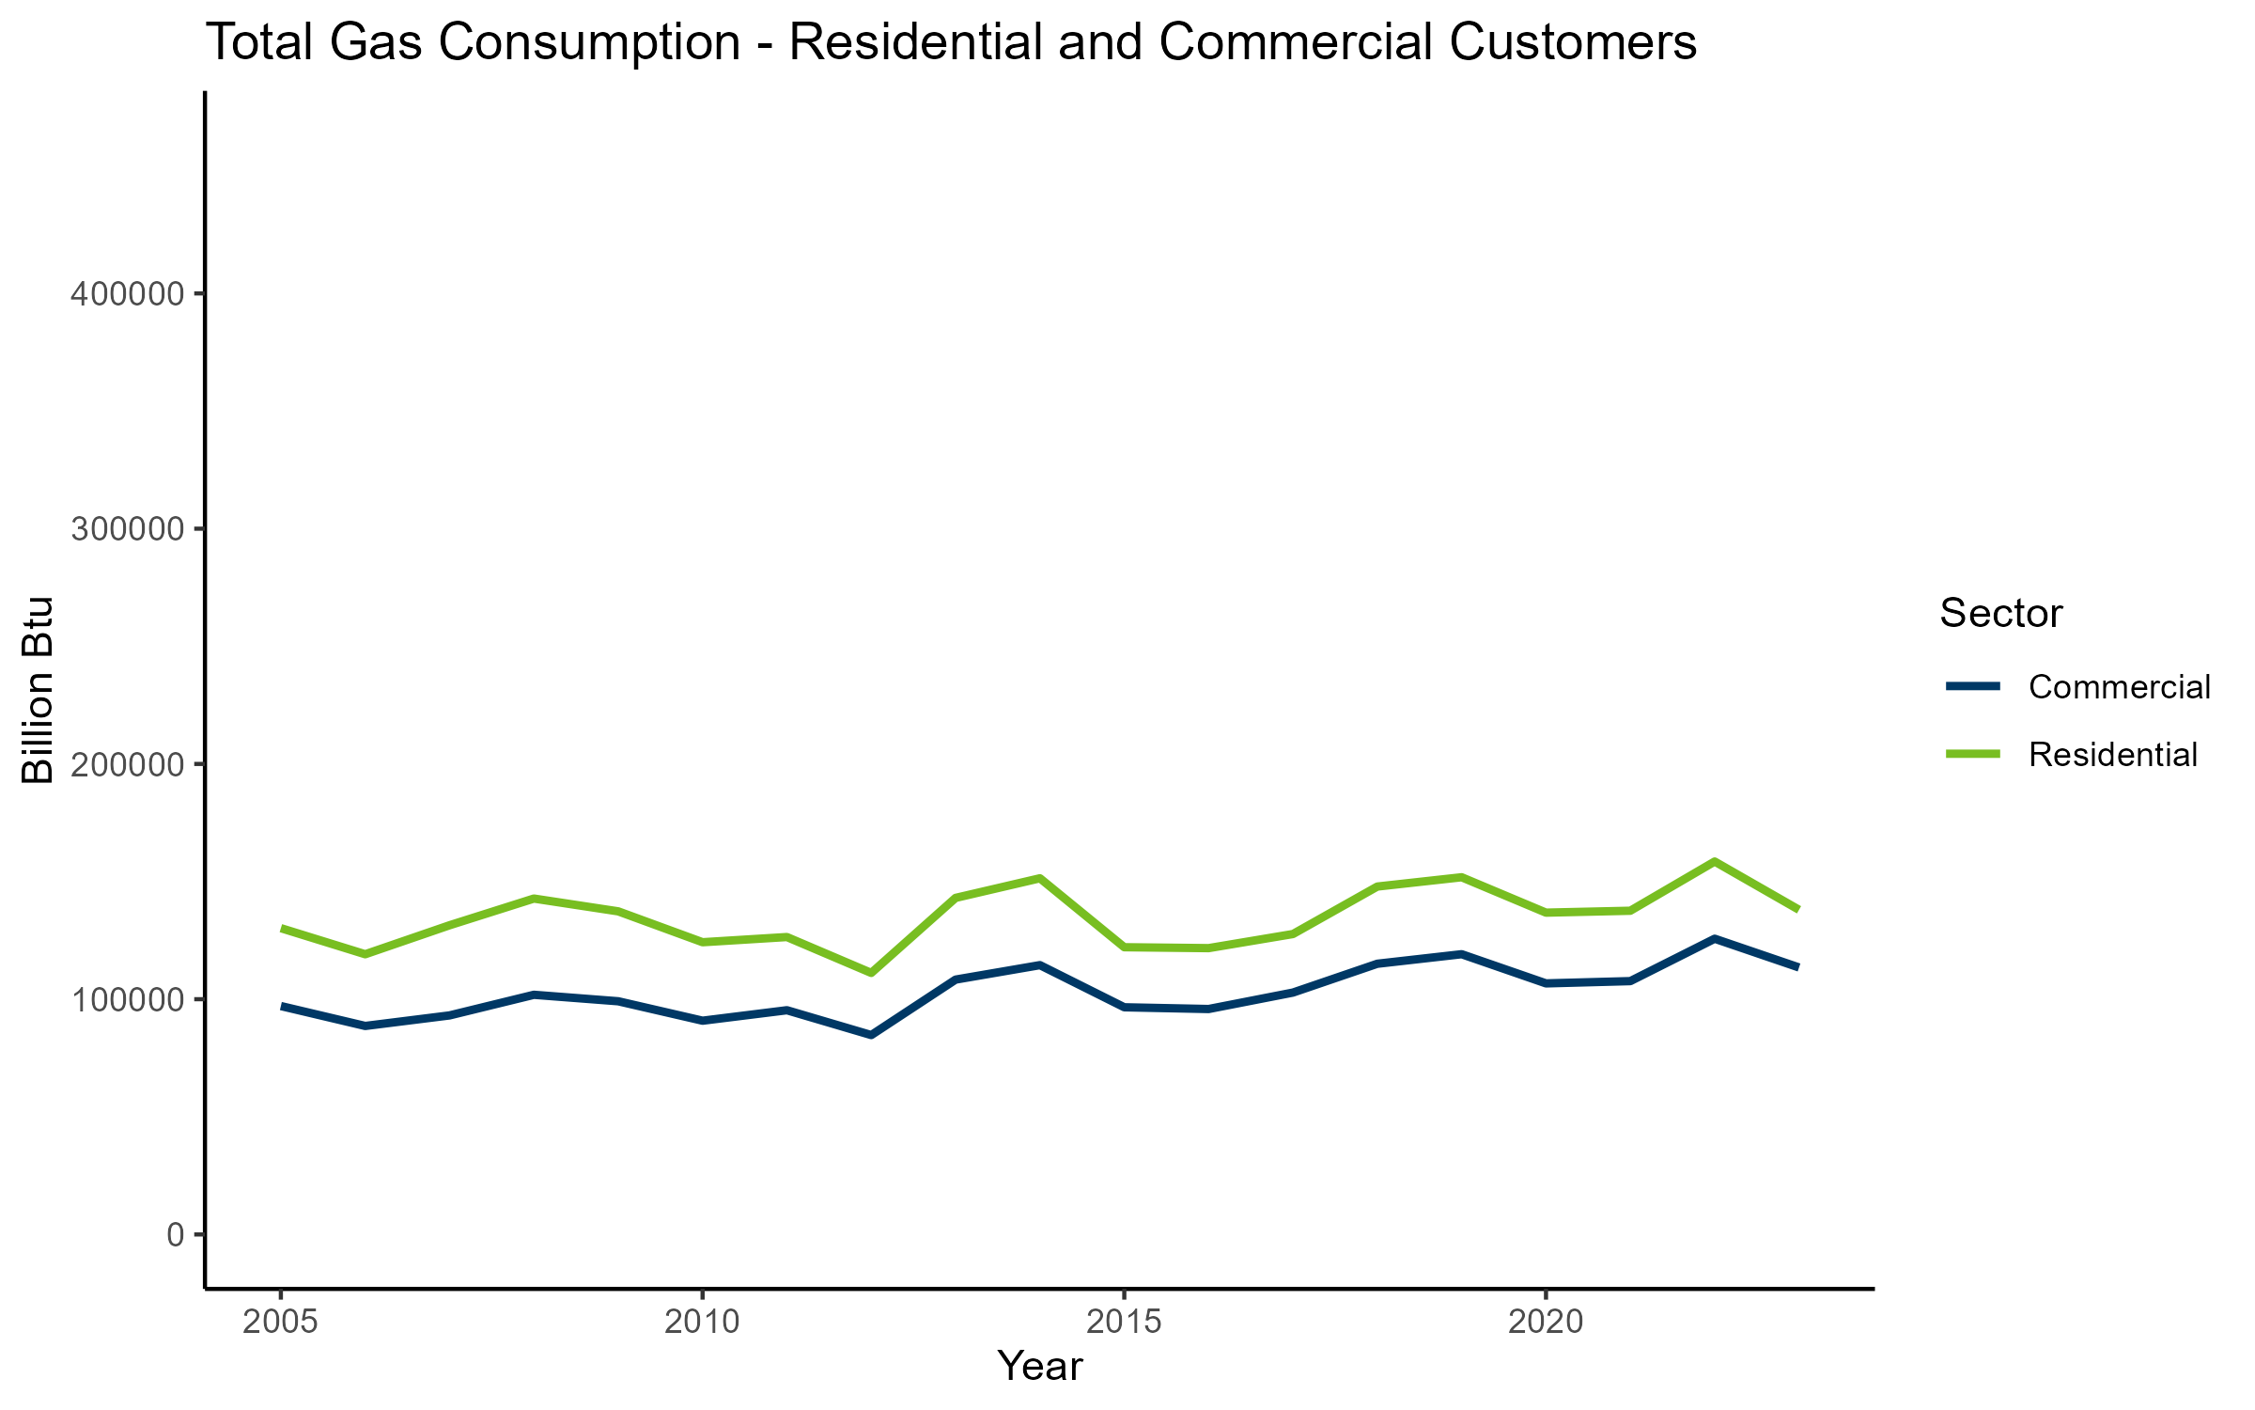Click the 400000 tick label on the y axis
(x=126, y=294)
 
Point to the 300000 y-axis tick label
(x=126, y=529)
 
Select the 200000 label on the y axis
(x=126, y=764)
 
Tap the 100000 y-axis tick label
(x=126, y=999)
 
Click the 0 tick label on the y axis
(x=176, y=1234)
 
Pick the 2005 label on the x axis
(x=280, y=1323)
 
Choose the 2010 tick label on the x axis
(x=702, y=1323)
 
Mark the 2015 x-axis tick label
(x=1124, y=1323)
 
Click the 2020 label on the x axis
(x=1546, y=1323)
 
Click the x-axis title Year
(x=1039, y=1367)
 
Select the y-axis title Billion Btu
(x=39, y=690)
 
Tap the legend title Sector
(x=2000, y=614)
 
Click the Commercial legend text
(x=2119, y=687)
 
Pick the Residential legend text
(x=2112, y=755)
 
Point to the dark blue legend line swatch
(x=1972, y=687)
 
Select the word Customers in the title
(x=1572, y=43)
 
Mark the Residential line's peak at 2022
(x=1715, y=861)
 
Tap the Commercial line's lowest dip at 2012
(x=871, y=1035)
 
